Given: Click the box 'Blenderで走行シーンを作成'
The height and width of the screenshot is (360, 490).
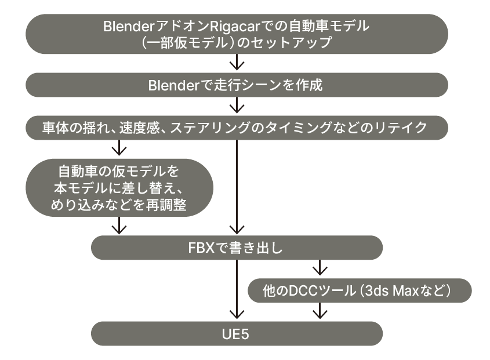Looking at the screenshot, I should coord(237,85).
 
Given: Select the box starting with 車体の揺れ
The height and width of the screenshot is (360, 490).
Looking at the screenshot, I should coord(237,128).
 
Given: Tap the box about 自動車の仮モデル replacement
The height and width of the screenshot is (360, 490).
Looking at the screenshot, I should coord(119,188).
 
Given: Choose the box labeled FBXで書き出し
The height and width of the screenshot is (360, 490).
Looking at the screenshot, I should coord(237,249).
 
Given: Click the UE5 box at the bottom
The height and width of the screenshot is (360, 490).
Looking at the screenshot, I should coord(237,333).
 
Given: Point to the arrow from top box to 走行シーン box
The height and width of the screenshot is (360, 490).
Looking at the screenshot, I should coord(237,61).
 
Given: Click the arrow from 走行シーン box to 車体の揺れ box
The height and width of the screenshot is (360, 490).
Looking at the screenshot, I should coord(237,106).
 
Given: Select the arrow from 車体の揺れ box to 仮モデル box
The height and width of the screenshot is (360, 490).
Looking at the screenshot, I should coord(119,148).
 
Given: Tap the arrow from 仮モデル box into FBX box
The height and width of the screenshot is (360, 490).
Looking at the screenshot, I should coord(119,225).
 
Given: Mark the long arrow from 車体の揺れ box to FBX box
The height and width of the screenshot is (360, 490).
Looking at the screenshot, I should coord(237,186).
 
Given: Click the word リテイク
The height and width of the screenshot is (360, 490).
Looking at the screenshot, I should coord(405,128).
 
